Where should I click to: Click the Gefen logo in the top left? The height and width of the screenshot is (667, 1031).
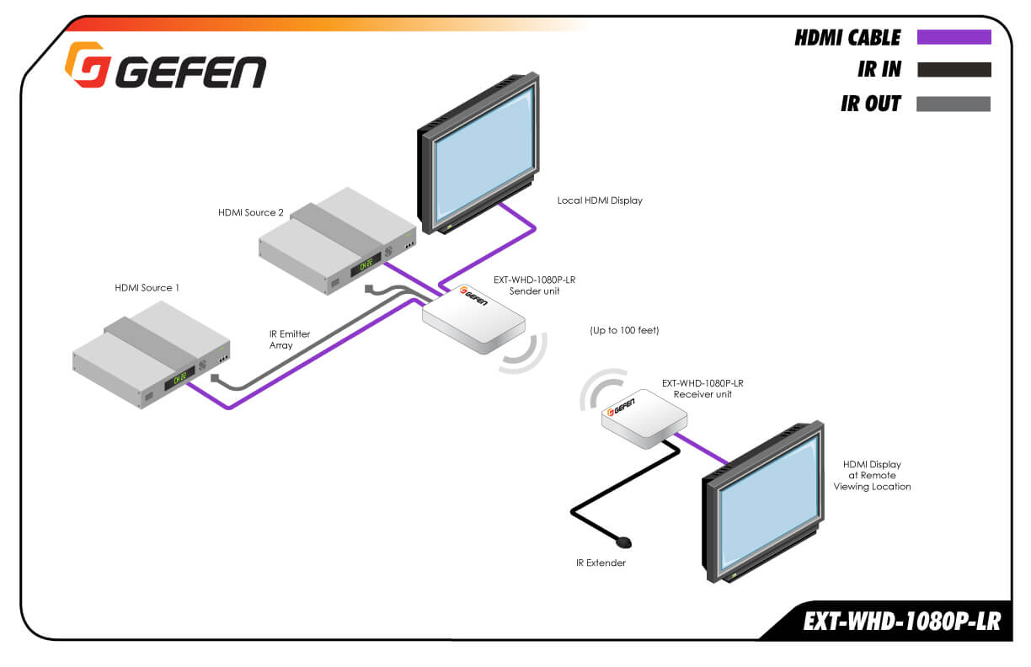pyautogui.click(x=165, y=67)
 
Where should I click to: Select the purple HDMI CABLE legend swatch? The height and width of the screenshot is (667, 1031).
pyautogui.click(x=954, y=37)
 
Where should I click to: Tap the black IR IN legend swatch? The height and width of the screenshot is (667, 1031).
pyautogui.click(x=954, y=70)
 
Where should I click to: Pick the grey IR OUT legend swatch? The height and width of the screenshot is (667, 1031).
pyautogui.click(x=954, y=104)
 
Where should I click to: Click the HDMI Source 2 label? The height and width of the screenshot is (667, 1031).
pyautogui.click(x=251, y=212)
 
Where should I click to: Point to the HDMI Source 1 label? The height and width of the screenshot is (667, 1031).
pyautogui.click(x=147, y=288)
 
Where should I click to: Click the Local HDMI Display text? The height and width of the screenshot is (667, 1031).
pyautogui.click(x=600, y=200)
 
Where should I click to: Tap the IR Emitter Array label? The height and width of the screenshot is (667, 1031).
pyautogui.click(x=290, y=339)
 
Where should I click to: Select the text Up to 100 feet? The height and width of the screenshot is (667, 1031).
pyautogui.click(x=624, y=331)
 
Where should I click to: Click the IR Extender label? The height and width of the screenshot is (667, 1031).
pyautogui.click(x=596, y=563)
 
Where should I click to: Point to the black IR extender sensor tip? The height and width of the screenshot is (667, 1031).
pyautogui.click(x=624, y=541)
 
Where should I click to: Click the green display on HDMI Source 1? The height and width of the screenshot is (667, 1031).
pyautogui.click(x=179, y=378)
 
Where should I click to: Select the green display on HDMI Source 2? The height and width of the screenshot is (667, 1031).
pyautogui.click(x=366, y=264)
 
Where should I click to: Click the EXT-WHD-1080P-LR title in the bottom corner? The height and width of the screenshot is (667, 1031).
pyautogui.click(x=901, y=622)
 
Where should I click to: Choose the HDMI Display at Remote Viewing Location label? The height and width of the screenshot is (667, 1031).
pyautogui.click(x=872, y=475)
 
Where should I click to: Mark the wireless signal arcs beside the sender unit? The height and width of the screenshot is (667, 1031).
pyautogui.click(x=526, y=353)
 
